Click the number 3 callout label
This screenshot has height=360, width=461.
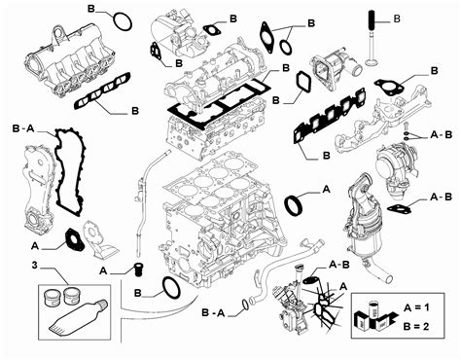[35, 265]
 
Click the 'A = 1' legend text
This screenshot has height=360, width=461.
[416, 306]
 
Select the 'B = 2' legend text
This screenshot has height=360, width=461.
[416, 326]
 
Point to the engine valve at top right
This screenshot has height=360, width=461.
[372, 38]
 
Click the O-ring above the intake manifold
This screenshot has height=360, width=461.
[123, 22]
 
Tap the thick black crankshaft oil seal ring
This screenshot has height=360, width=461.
[294, 205]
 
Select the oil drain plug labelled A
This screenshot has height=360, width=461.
[138, 270]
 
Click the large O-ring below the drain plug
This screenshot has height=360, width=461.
[171, 287]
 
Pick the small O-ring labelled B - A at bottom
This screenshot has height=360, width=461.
[245, 306]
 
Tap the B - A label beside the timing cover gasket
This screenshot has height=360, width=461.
[23, 128]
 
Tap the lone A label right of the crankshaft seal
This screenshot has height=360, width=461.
[327, 189]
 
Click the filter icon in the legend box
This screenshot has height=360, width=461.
[373, 315]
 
